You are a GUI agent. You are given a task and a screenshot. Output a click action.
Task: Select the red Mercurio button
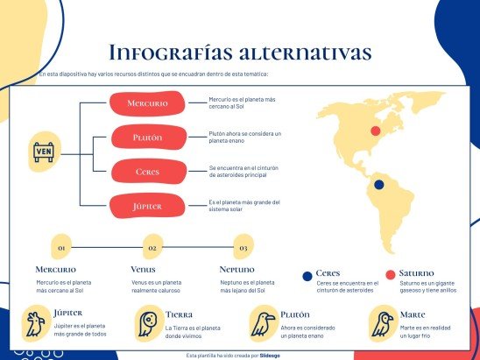[147, 103]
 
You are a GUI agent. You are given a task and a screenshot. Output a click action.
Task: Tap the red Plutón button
[147, 138]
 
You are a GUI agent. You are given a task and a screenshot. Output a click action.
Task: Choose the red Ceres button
[147, 172]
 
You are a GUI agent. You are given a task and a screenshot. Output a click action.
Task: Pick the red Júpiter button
[147, 206]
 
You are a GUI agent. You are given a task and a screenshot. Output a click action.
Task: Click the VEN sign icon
[44, 153]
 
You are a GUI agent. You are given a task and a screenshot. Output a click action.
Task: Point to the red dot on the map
[376, 131]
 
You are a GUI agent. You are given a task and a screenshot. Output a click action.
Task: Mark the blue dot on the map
[378, 185]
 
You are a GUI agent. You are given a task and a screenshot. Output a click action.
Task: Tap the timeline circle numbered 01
[61, 248]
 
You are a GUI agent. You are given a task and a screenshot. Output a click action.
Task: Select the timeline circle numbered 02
[152, 248]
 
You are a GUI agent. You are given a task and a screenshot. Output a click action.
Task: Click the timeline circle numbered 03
[243, 248]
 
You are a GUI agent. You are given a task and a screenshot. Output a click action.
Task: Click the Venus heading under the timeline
[143, 270]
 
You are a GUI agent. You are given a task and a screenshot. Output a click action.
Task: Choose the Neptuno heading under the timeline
[238, 270]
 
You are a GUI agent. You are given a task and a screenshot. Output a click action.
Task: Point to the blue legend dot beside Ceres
[307, 275]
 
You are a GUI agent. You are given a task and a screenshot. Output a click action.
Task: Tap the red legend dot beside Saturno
[391, 274]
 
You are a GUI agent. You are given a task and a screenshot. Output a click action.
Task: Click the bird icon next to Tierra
[145, 323]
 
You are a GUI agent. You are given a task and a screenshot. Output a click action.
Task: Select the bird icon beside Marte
[381, 323]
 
